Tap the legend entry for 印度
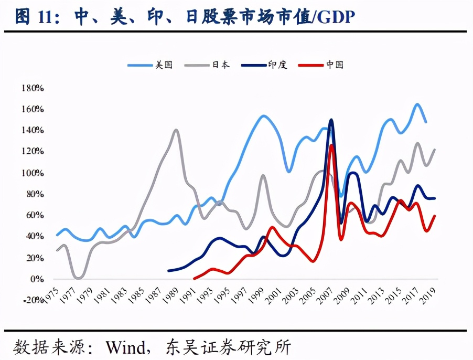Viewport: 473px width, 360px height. [x=266, y=65]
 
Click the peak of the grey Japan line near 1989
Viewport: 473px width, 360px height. [x=176, y=130]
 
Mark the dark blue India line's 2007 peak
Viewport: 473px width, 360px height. [x=331, y=120]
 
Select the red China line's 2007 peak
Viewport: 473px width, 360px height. [x=331, y=145]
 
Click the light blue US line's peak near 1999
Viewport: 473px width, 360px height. [x=264, y=116]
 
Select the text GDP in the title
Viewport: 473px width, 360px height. [x=336, y=17]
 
